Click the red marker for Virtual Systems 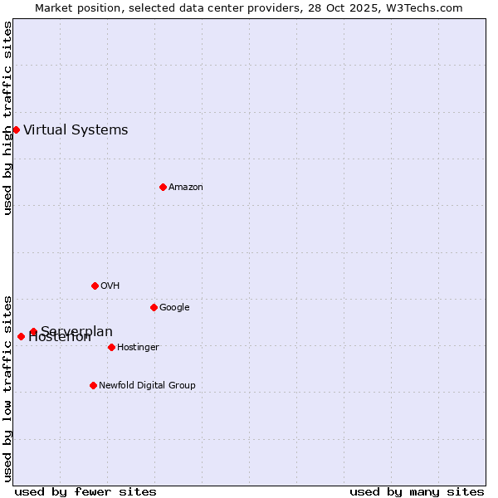[16, 129]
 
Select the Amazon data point [163, 187]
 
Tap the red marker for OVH [95, 286]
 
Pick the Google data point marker [154, 307]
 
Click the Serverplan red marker [33, 331]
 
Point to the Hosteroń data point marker [21, 336]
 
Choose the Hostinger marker [111, 347]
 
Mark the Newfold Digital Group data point [93, 385]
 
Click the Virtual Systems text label [76, 129]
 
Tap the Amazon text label [186, 187]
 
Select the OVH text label [110, 286]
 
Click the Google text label [174, 307]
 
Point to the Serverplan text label [76, 331]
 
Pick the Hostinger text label [138, 347]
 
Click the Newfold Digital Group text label [147, 385]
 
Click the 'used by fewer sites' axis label [85, 491]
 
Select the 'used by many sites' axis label [417, 491]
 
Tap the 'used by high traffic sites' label [7, 118]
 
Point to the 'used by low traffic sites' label [7, 388]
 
